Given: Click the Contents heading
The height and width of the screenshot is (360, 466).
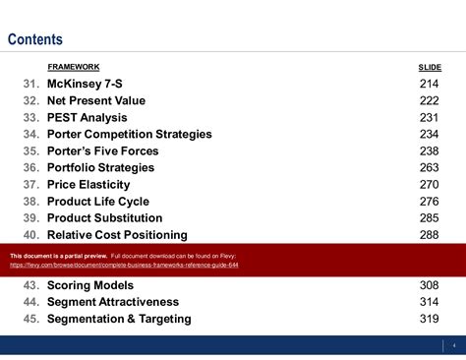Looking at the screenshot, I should pos(35,40).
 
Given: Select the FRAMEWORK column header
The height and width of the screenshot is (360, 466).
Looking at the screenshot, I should pos(73,67).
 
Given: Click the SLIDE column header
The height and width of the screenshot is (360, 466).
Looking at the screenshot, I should pos(430,67).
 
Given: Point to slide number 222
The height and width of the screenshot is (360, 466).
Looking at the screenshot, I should pos(431,101).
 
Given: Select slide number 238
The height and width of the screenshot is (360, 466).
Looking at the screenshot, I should pos(431,151).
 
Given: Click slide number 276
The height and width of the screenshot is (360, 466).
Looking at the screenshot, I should pos(431,202).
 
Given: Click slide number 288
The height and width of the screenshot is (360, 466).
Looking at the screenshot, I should pos(431,235).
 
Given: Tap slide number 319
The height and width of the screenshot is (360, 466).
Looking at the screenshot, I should pos(431,319).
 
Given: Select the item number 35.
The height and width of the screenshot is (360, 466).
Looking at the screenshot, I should pos(30,151).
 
